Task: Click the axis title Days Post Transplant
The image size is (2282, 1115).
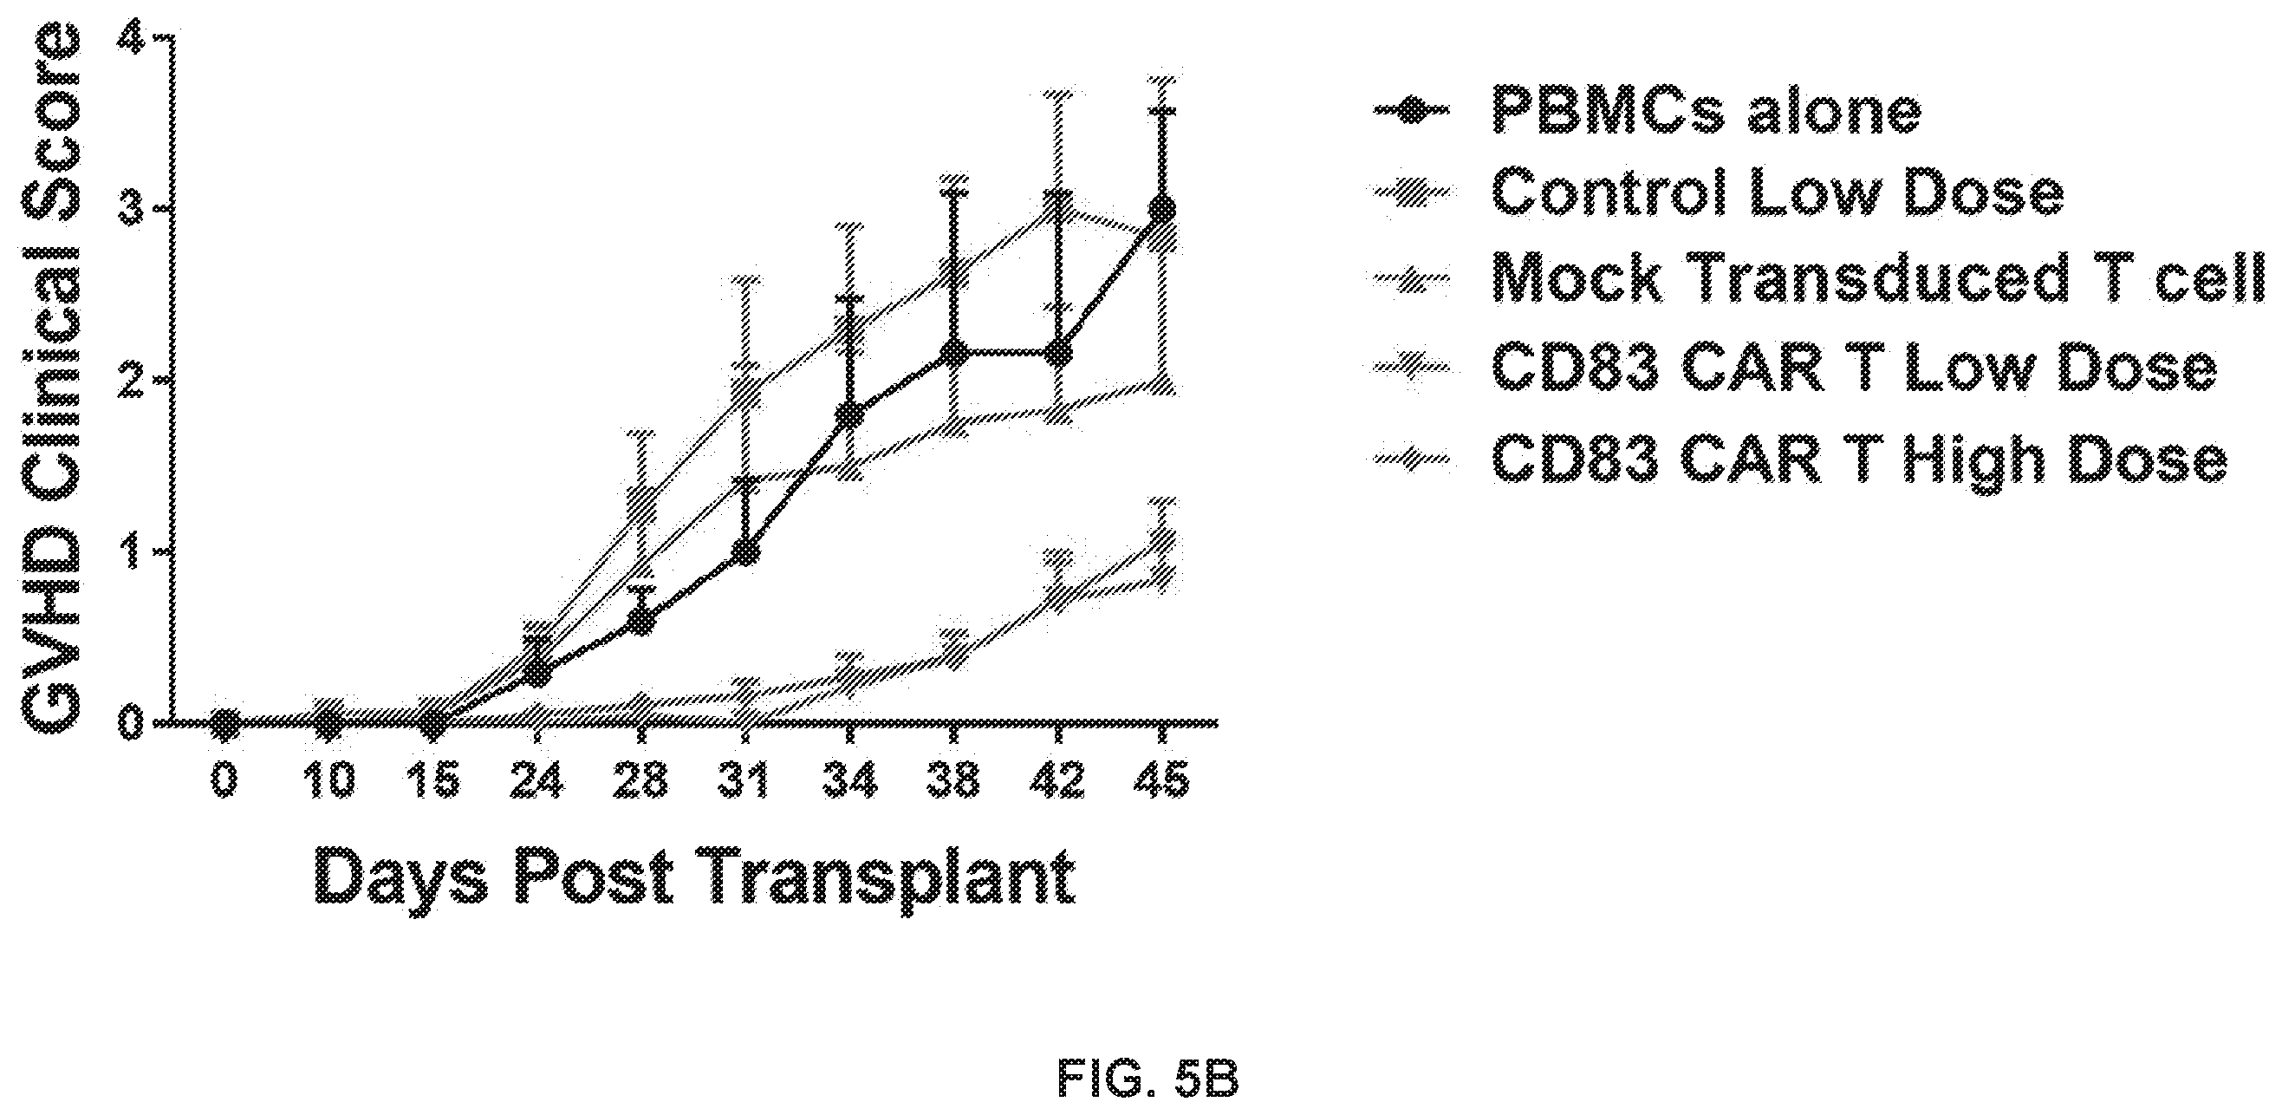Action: (x=694, y=877)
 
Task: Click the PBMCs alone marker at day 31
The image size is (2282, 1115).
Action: (x=746, y=551)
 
